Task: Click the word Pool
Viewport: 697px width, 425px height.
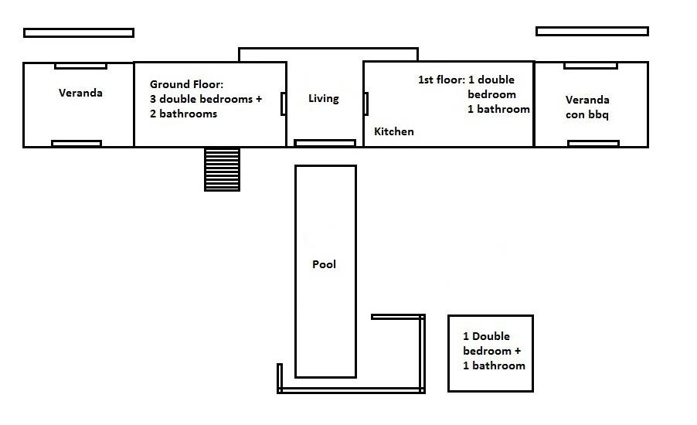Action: pyautogui.click(x=324, y=264)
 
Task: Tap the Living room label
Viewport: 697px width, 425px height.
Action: pyautogui.click(x=324, y=99)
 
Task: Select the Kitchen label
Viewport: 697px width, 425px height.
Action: pyautogui.click(x=394, y=131)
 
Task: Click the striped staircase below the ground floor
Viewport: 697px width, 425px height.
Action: pyautogui.click(x=223, y=169)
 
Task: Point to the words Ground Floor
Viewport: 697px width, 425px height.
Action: pyautogui.click(x=187, y=84)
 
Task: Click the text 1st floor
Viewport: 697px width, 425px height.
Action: pyautogui.click(x=441, y=80)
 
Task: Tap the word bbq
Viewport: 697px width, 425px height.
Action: pyautogui.click(x=598, y=114)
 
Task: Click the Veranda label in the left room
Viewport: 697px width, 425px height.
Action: pyautogui.click(x=80, y=93)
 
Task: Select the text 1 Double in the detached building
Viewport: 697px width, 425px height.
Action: pyautogui.click(x=486, y=336)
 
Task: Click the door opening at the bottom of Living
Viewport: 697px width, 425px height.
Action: pyautogui.click(x=325, y=143)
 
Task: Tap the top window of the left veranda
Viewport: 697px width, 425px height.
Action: pyautogui.click(x=80, y=66)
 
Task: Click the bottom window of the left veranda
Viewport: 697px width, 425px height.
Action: pyautogui.click(x=76, y=144)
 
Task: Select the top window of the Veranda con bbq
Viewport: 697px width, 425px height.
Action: pyautogui.click(x=591, y=66)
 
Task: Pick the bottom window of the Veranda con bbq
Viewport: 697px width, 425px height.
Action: pyautogui.click(x=593, y=143)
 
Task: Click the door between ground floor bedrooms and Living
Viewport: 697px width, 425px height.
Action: pyautogui.click(x=283, y=104)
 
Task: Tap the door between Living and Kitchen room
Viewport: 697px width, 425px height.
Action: pyautogui.click(x=365, y=104)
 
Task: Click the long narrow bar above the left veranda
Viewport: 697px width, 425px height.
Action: pyautogui.click(x=79, y=33)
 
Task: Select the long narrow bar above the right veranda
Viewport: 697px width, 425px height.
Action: pyautogui.click(x=592, y=31)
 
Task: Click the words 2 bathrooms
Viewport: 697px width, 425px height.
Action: pyautogui.click(x=184, y=114)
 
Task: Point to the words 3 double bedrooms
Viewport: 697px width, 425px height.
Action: pyautogui.click(x=202, y=99)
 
